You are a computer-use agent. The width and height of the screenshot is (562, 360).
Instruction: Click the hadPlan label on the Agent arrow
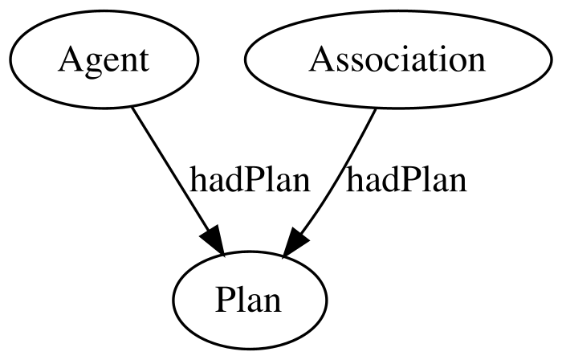tap(250, 180)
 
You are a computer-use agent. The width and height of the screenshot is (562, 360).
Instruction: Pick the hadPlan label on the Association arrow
tap(406, 180)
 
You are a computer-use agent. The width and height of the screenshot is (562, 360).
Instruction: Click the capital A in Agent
tap(70, 59)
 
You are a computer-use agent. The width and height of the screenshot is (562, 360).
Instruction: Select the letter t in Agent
tap(144, 61)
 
